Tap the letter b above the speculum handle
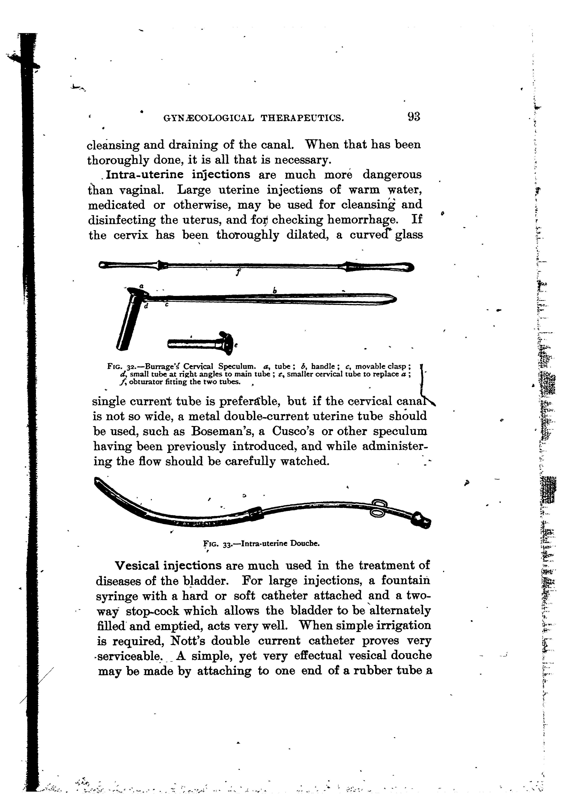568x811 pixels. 275,291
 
